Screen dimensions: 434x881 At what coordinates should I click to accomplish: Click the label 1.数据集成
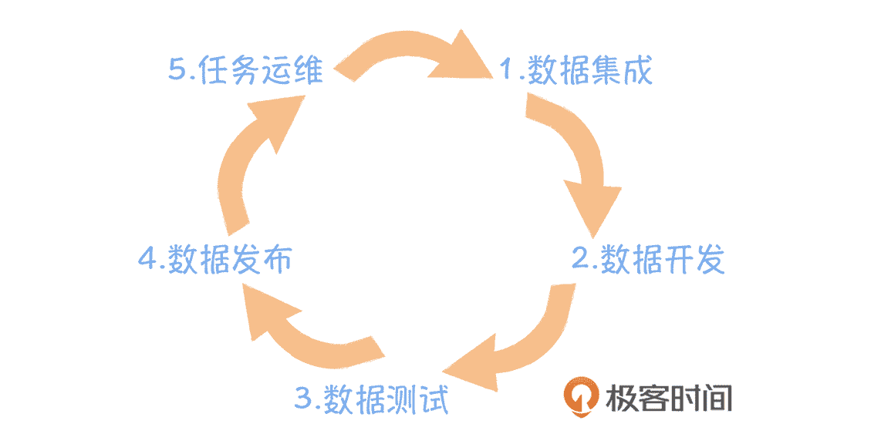[x=576, y=70]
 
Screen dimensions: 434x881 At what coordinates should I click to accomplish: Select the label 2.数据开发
[x=648, y=259]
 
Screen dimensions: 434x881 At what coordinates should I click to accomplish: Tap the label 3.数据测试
[x=371, y=400]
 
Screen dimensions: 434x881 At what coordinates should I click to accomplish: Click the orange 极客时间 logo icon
[x=582, y=398]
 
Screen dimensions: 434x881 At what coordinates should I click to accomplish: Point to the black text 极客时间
[x=670, y=398]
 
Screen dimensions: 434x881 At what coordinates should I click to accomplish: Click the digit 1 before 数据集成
[x=507, y=70]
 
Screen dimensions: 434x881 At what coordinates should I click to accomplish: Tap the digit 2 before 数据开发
[x=580, y=259]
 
